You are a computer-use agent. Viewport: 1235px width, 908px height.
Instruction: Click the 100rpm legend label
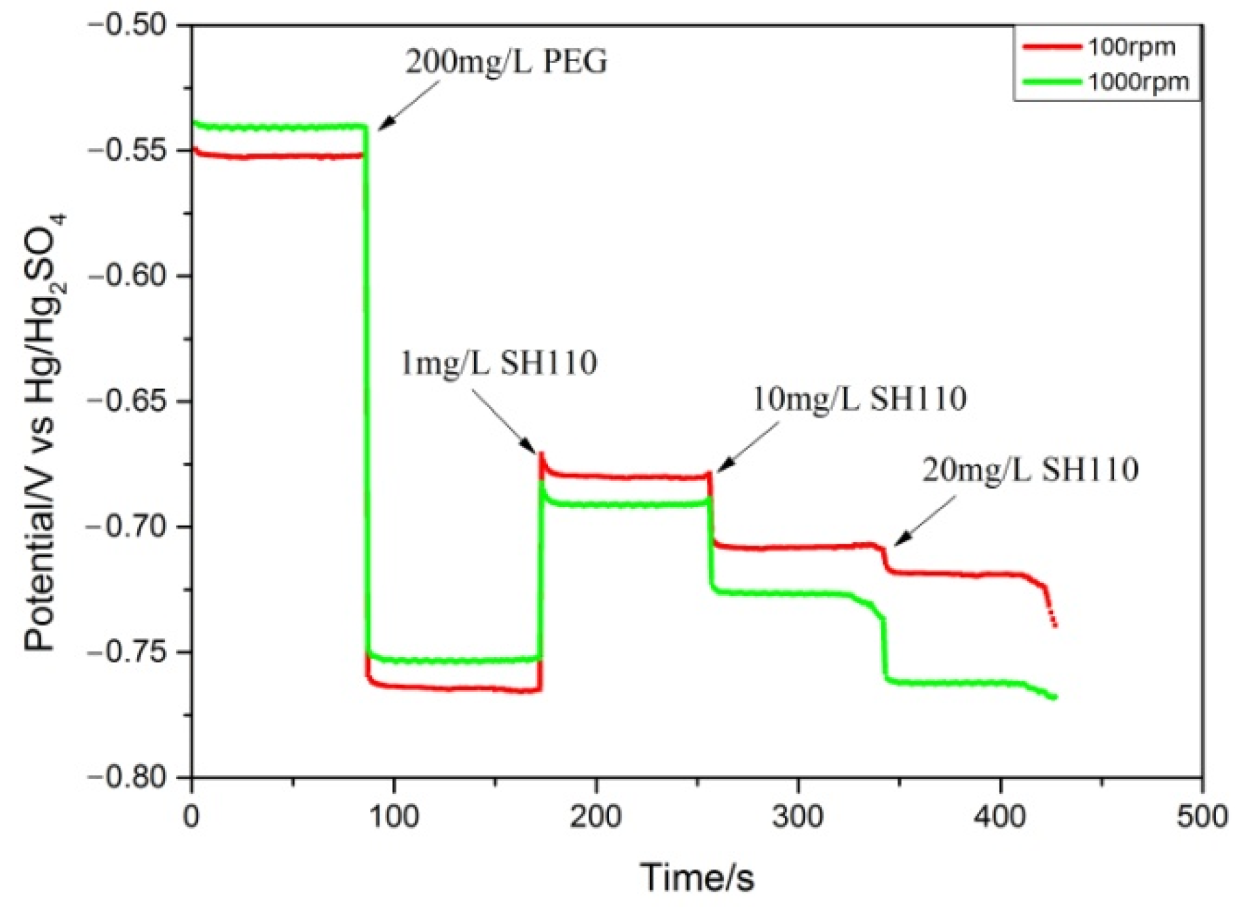1131,47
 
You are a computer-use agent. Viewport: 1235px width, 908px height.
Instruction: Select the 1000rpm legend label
1138,82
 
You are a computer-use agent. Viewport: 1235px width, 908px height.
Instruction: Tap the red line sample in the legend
1052,47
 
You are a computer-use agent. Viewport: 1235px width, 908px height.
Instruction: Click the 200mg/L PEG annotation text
506,62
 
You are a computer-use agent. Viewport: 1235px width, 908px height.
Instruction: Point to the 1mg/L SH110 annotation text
499,363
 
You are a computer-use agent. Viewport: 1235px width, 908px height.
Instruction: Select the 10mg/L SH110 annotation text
860,398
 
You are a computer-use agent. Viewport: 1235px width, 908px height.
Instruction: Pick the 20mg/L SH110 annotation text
1030,470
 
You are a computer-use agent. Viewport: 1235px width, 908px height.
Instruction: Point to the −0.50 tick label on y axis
127,25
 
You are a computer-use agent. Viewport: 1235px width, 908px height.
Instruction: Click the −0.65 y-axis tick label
127,401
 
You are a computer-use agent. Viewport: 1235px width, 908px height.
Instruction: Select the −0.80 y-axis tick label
127,778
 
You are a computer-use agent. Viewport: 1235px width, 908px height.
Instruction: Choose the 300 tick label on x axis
798,816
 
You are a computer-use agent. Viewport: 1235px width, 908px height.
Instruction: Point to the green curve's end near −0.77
1054,697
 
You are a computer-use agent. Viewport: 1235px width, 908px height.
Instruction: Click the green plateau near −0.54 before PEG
278,127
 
